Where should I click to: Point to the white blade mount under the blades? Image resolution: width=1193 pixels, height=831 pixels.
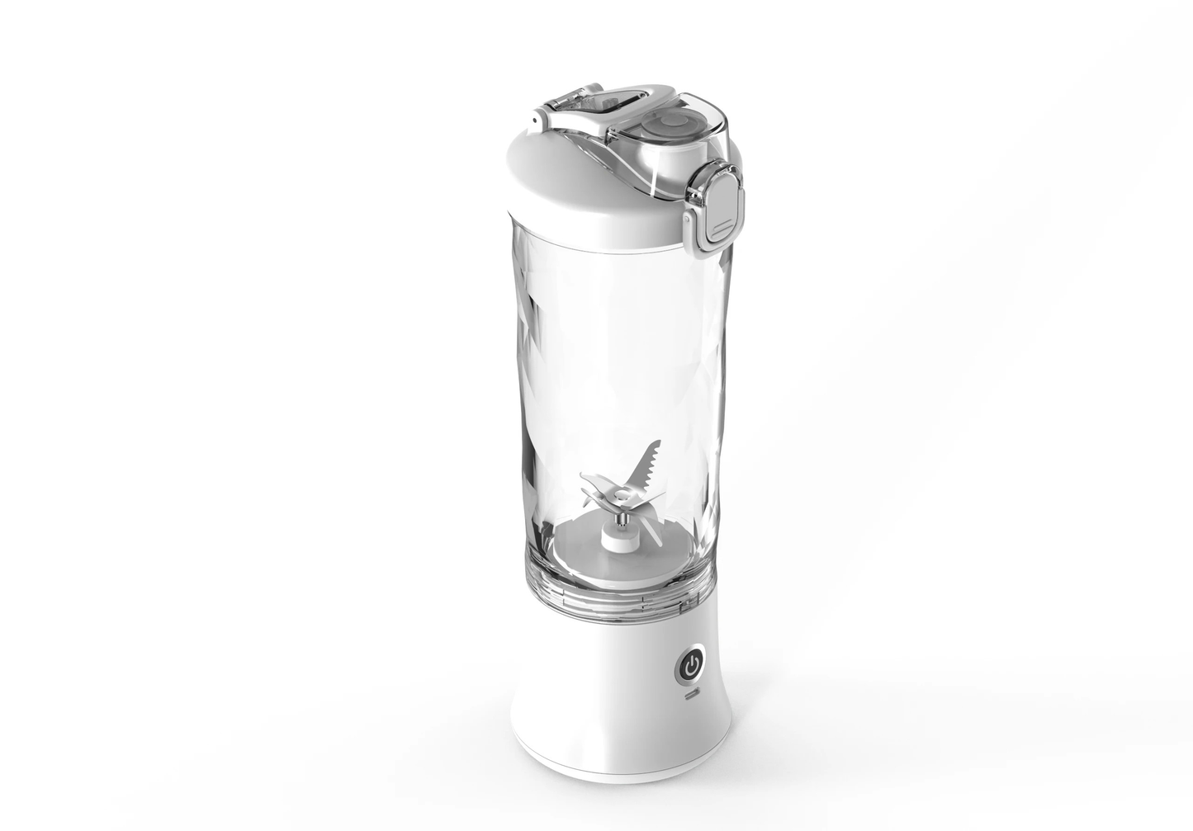coord(618,540)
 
